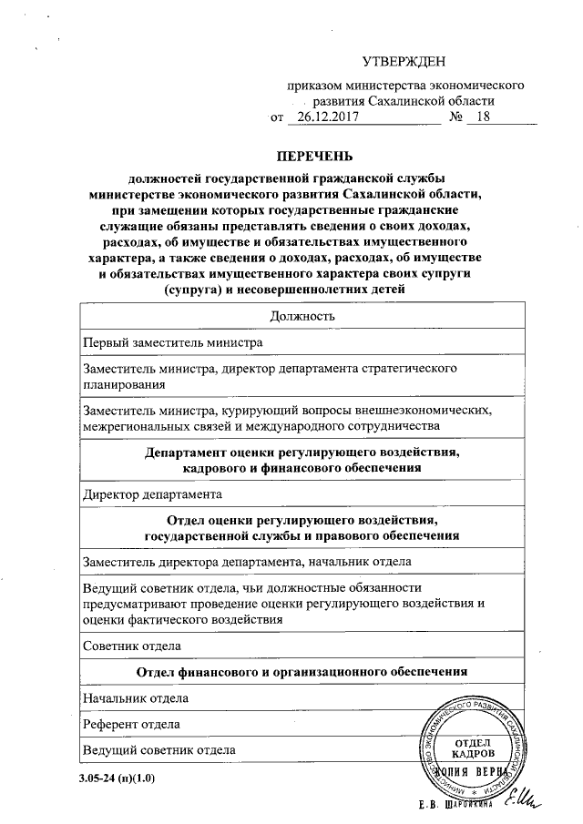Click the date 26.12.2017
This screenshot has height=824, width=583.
(x=327, y=117)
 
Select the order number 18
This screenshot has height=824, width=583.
(x=483, y=117)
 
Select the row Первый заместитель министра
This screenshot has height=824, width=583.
(x=173, y=342)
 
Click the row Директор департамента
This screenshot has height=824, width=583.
(x=152, y=495)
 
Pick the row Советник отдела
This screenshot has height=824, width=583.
(x=131, y=646)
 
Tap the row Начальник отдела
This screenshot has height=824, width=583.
(x=136, y=698)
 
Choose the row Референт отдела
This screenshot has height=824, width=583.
(x=130, y=724)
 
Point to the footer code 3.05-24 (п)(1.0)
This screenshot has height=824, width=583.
(x=118, y=779)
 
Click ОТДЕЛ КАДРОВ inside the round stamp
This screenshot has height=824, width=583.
(x=473, y=748)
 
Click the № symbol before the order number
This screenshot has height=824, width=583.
(x=457, y=117)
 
